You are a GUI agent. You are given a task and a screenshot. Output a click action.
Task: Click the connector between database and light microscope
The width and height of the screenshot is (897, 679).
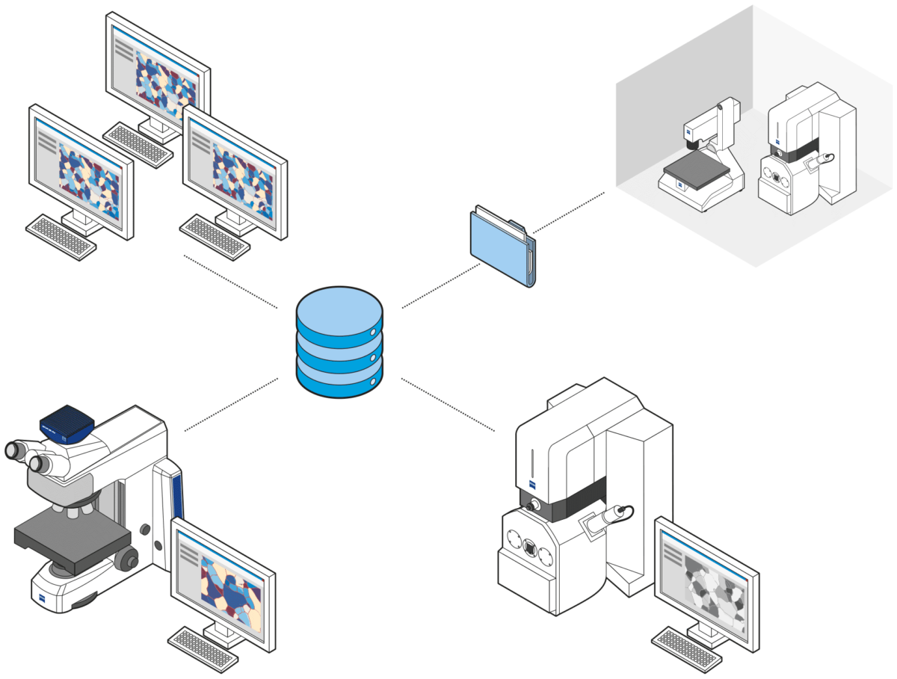pyautogui.click(x=232, y=404)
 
